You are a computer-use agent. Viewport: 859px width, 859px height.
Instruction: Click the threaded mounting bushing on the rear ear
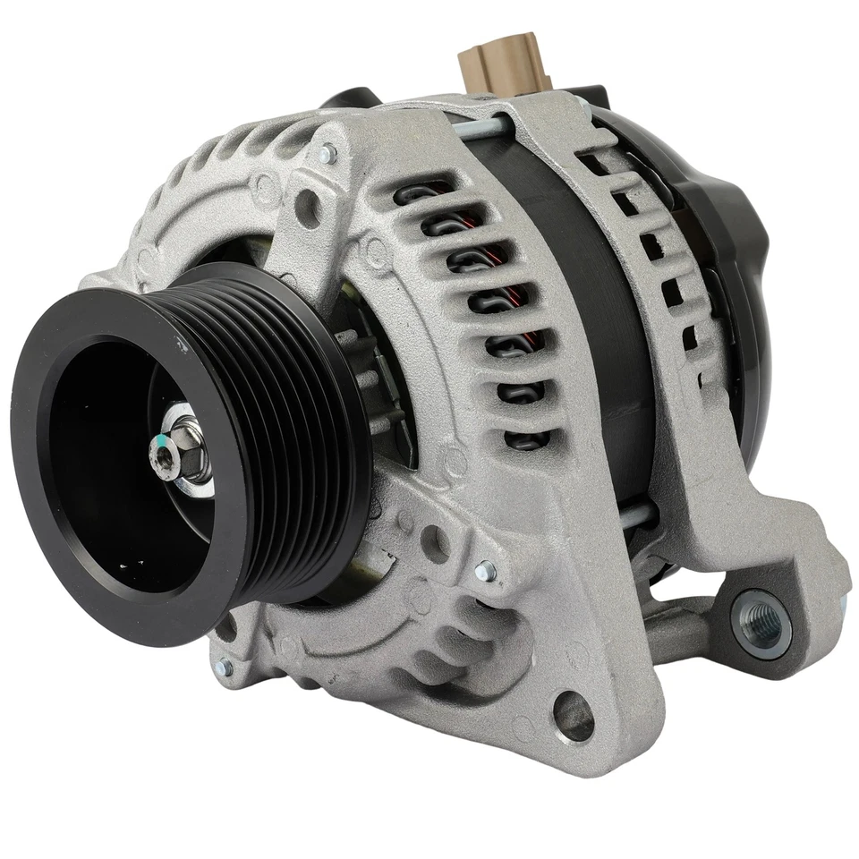click(761, 619)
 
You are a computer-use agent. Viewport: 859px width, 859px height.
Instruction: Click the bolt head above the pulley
click(328, 153)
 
